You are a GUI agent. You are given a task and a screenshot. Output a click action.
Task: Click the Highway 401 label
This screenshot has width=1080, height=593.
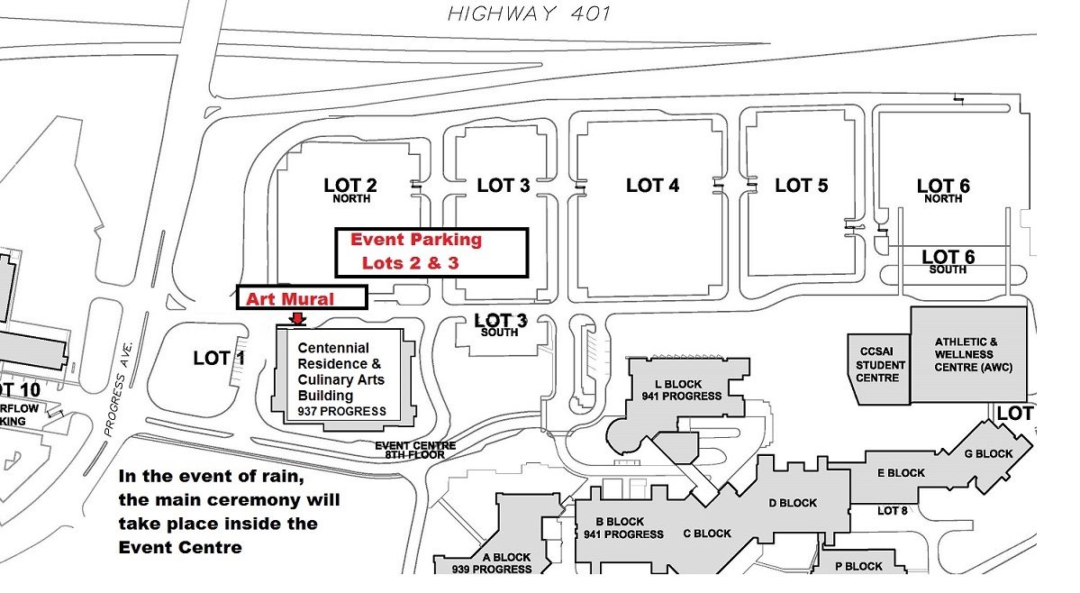tap(529, 14)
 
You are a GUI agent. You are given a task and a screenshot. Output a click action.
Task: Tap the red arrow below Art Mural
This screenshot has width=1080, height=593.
tap(297, 318)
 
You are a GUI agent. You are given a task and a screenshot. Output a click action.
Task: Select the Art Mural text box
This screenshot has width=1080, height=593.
tap(302, 298)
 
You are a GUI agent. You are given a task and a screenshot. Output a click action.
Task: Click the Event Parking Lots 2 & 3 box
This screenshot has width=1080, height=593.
tap(431, 251)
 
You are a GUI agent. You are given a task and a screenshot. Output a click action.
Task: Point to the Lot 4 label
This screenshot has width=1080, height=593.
tap(652, 186)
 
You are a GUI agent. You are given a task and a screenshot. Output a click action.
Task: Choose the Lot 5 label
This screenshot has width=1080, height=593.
tap(802, 186)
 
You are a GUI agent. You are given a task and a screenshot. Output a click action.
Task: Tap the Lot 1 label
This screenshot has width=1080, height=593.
tap(219, 359)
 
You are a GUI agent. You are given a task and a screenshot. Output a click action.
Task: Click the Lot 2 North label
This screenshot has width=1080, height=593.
tap(350, 190)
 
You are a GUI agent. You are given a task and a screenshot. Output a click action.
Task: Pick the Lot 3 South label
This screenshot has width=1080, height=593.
tap(500, 324)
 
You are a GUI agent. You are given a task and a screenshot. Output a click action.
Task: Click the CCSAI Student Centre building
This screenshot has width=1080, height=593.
tap(877, 366)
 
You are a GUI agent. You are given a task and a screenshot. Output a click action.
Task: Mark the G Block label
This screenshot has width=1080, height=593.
tap(988, 453)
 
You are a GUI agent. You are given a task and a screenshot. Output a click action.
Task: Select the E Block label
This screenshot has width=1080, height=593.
tap(901, 472)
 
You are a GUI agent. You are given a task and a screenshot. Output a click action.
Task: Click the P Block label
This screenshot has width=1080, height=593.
tap(858, 566)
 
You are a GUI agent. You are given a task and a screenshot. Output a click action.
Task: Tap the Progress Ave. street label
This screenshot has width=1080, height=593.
tap(118, 388)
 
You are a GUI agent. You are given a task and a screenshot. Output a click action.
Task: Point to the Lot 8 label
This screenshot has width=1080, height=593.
tap(893, 511)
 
